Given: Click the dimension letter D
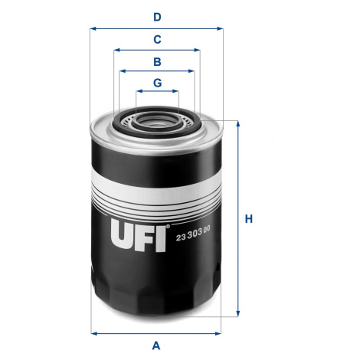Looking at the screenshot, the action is click(x=157, y=18).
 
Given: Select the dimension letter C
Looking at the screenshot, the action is click(x=157, y=40).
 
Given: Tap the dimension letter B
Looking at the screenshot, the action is click(x=157, y=62).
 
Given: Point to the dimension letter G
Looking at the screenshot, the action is click(x=158, y=83).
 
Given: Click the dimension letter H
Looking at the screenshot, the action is click(x=249, y=219).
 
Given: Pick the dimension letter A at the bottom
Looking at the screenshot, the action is click(x=156, y=345).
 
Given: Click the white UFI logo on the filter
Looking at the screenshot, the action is click(x=139, y=235).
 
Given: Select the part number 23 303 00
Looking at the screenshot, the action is click(x=193, y=234).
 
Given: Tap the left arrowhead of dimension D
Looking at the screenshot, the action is click(x=93, y=28).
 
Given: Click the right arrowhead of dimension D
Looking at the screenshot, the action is click(x=220, y=28).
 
